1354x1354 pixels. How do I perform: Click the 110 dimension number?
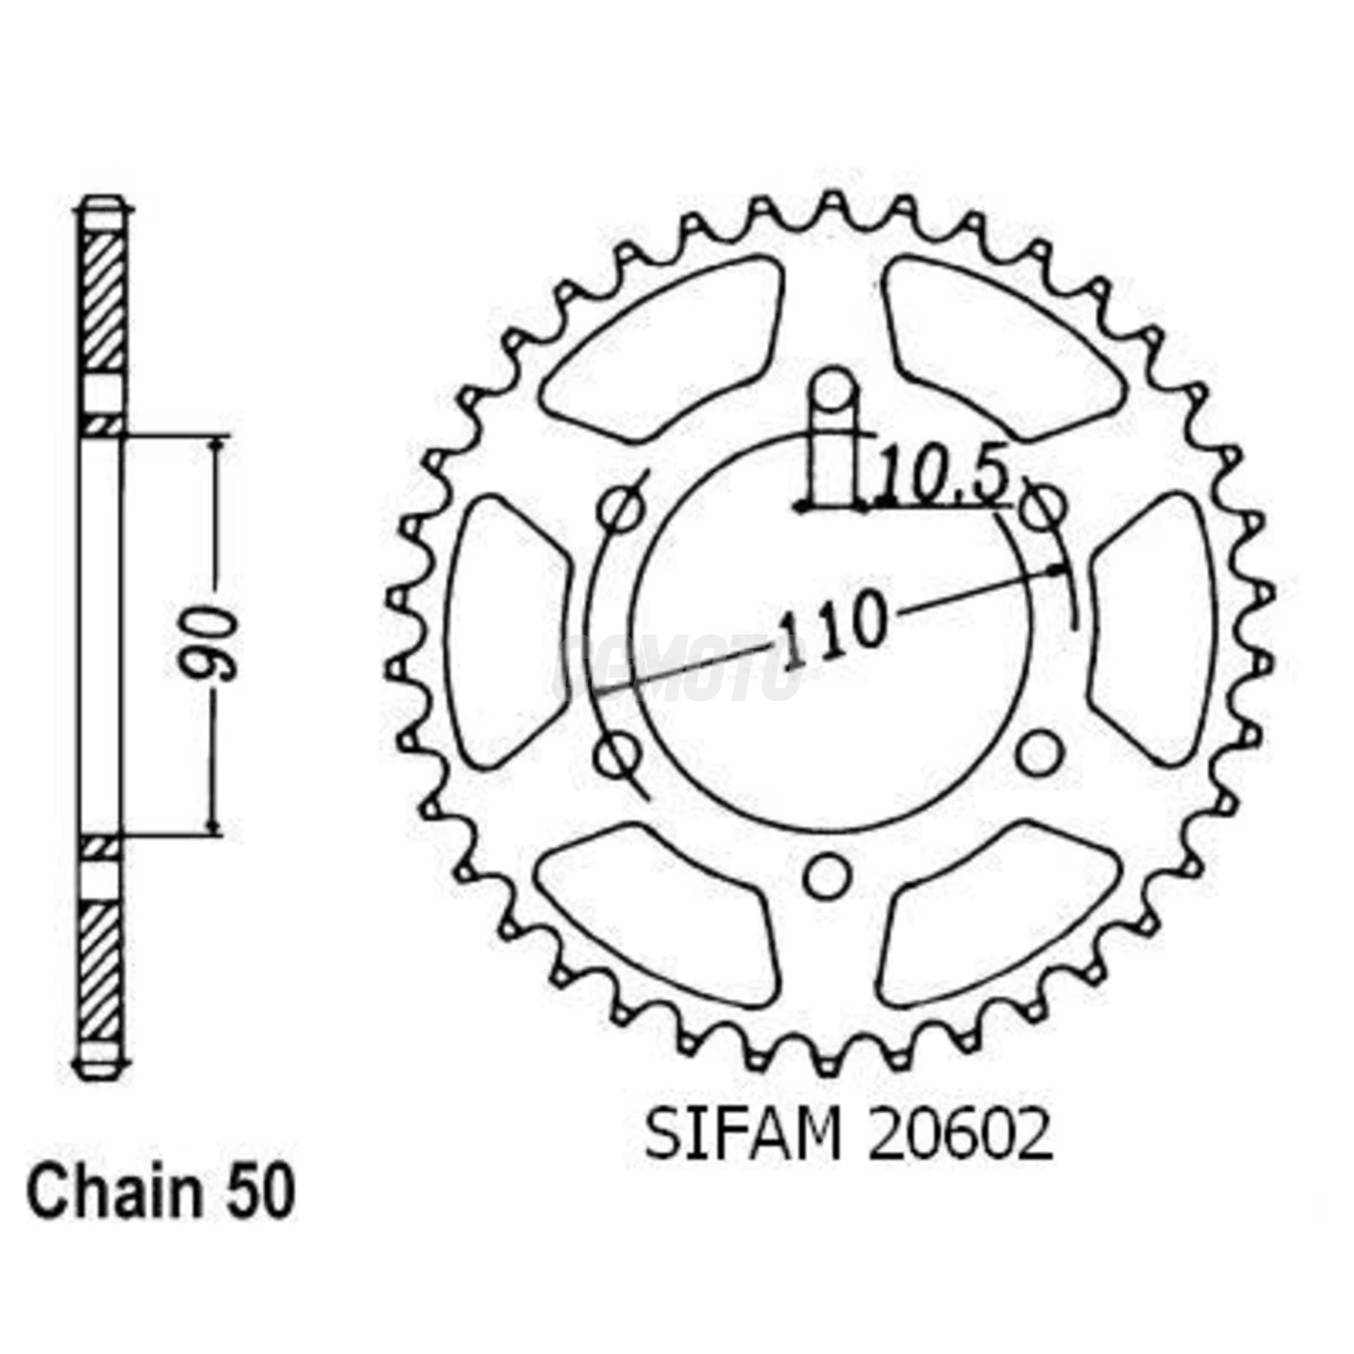833,630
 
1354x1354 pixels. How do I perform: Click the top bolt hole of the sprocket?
834,391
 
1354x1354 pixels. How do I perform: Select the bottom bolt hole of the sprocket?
827,876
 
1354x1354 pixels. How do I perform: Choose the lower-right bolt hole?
1039,753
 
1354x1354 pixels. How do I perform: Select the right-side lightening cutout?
1153,629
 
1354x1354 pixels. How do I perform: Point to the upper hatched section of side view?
102,300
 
